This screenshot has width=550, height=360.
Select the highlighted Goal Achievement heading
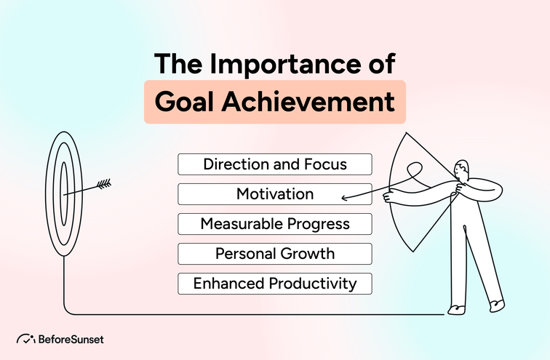point(274,102)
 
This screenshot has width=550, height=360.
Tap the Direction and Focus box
point(275,164)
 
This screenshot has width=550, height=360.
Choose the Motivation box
point(275,194)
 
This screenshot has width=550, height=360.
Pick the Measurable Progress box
point(275,224)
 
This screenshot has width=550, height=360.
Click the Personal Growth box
point(275,254)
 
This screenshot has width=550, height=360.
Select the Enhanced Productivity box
point(275,284)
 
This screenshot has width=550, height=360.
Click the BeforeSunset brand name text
point(71,339)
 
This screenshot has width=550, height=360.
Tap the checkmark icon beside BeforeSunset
point(26,339)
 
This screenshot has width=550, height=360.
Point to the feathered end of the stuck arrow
point(104,184)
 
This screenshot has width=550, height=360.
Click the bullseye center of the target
point(64,191)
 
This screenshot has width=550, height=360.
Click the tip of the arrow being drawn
point(343,197)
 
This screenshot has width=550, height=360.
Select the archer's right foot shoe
point(495,302)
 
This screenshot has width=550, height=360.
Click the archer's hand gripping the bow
point(389,194)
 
